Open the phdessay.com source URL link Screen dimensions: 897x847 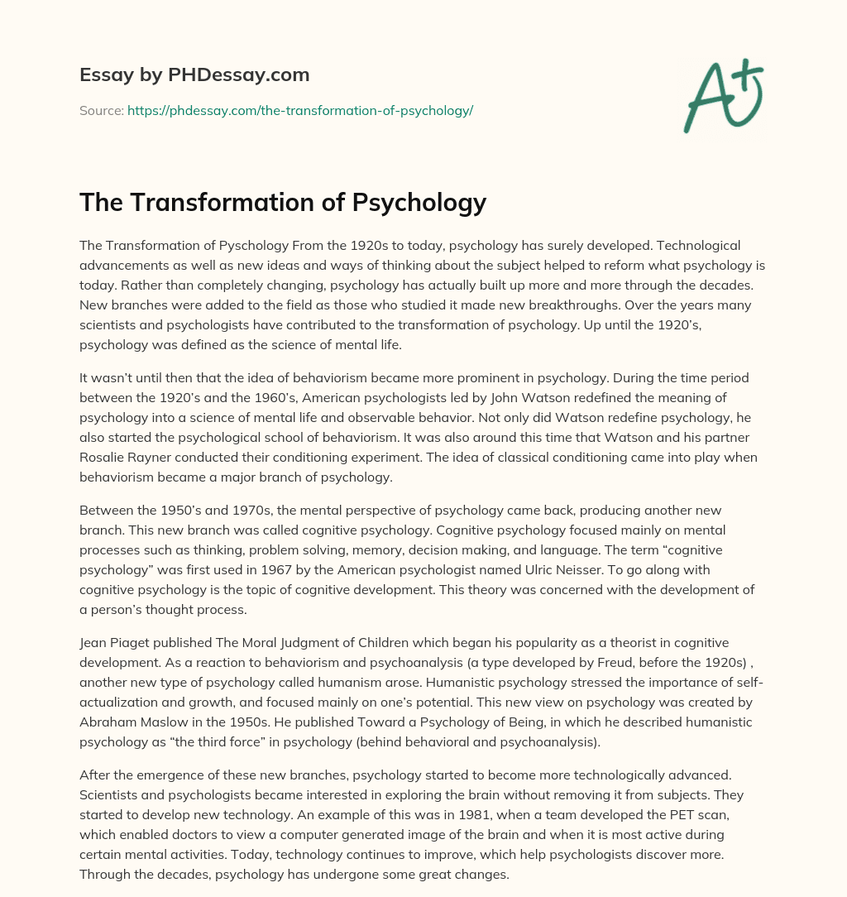299,110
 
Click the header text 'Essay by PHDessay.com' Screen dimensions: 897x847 194,75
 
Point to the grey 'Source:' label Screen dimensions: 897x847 102,110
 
